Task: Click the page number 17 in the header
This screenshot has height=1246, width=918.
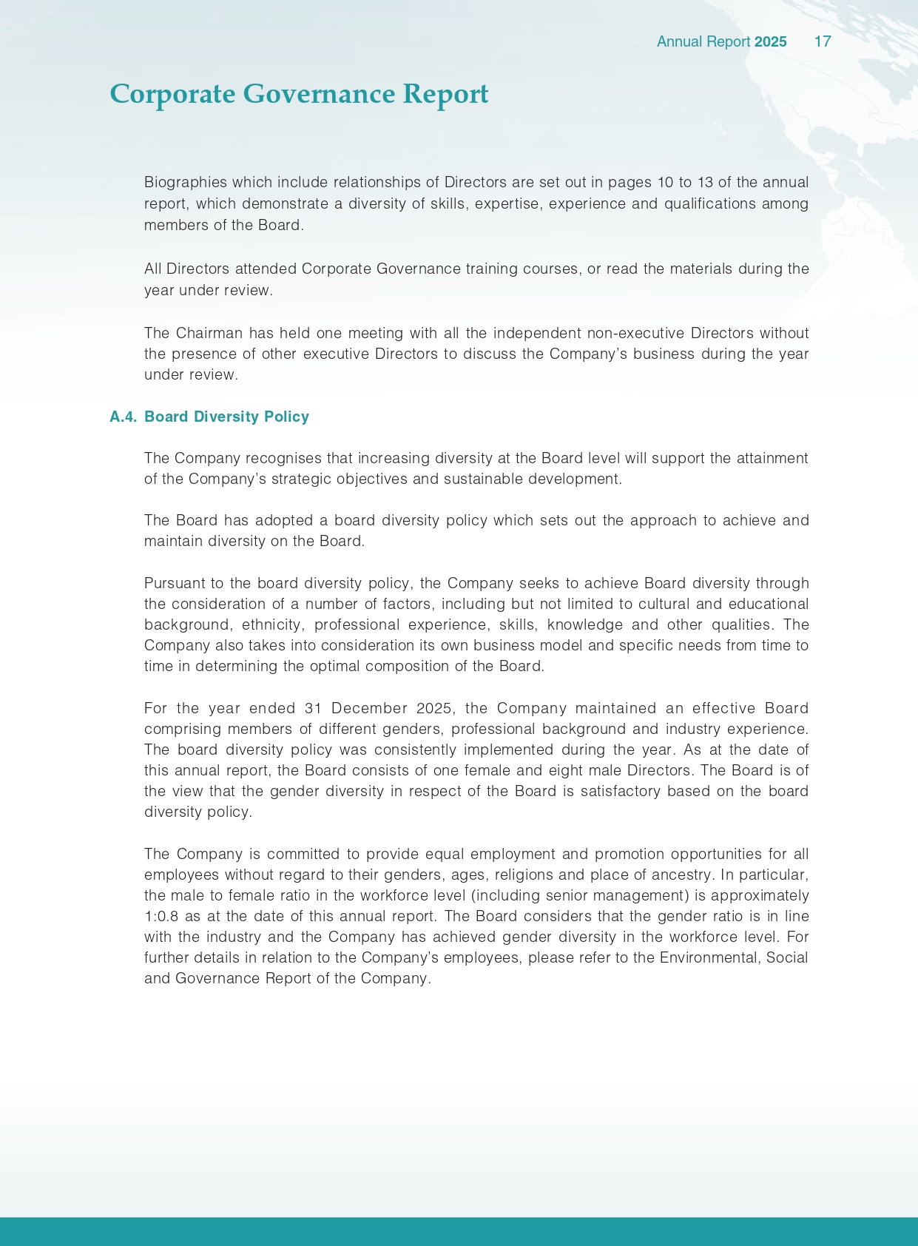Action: coord(823,41)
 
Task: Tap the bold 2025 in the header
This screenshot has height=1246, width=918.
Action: coord(770,41)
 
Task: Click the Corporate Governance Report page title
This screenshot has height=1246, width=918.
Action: coord(299,94)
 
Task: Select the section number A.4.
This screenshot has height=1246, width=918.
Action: coord(124,417)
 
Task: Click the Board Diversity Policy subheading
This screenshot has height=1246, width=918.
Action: coord(226,417)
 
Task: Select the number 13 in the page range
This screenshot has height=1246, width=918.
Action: coord(705,182)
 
